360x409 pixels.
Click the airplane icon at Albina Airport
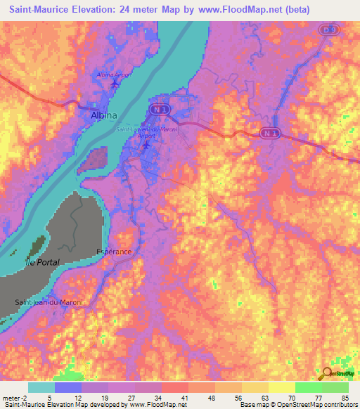coord(115,84)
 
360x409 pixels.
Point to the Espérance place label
coord(115,250)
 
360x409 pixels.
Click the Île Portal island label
coord(43,261)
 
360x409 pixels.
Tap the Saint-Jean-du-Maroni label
coord(49,302)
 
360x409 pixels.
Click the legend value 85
coord(345,397)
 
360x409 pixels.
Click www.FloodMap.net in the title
coord(239,10)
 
